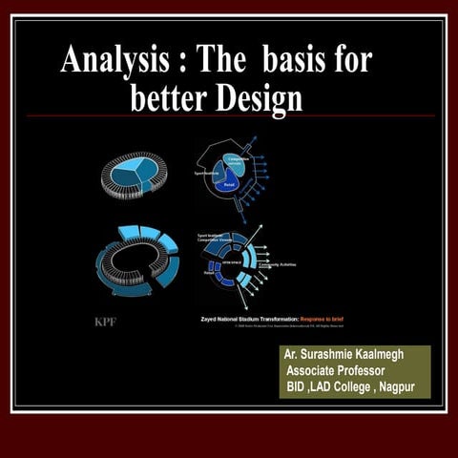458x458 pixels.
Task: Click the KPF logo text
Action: coord(106,321)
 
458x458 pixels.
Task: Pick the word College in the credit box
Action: coord(358,387)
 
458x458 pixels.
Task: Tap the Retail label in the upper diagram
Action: coord(231,188)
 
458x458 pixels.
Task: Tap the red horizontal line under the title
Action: coord(229,116)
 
